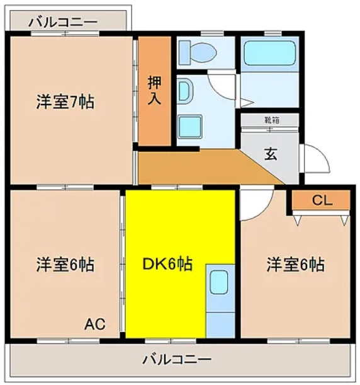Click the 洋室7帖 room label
point(65,102)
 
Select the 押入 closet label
point(154,89)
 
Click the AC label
point(95,325)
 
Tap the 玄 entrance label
point(270,154)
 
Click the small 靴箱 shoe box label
point(271,118)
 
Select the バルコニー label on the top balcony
point(63,21)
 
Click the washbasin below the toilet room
point(190,126)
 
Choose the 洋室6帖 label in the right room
point(295,264)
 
